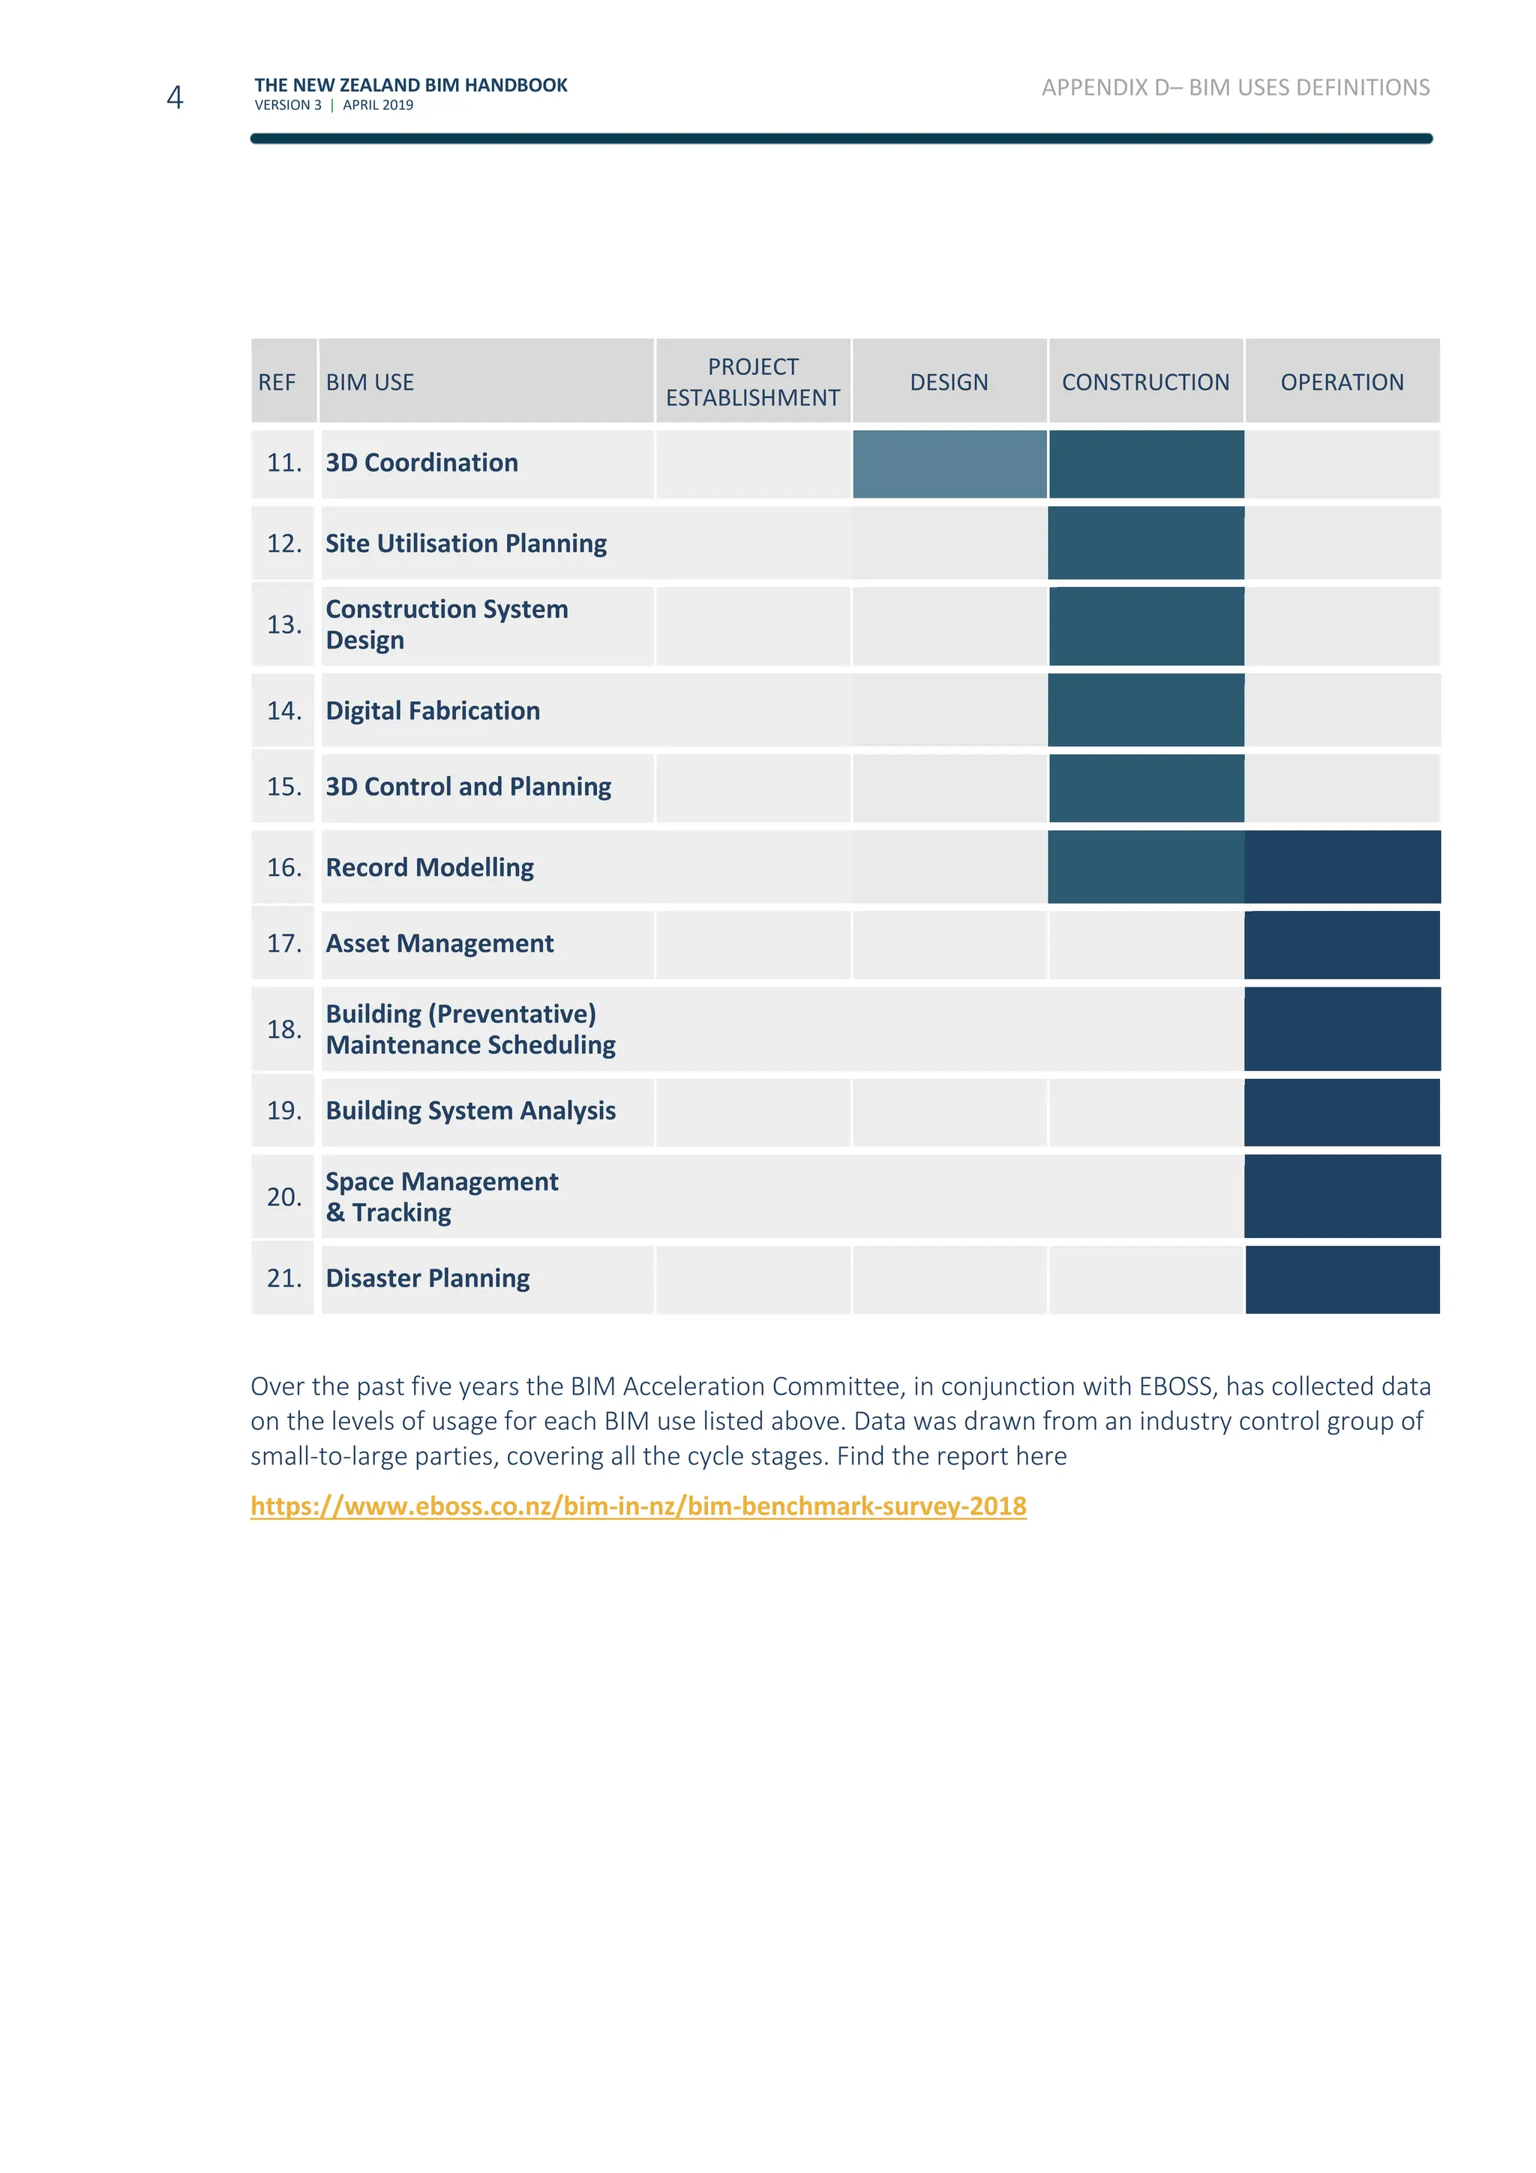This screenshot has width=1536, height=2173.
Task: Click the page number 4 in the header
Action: [174, 97]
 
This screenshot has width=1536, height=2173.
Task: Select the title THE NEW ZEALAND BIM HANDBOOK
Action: [411, 85]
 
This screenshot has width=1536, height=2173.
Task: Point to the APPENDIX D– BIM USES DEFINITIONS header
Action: [1235, 88]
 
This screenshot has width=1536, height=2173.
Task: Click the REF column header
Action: [277, 382]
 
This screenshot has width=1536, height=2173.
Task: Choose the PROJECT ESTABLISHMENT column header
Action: [752, 382]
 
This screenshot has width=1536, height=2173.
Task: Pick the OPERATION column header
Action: [1341, 382]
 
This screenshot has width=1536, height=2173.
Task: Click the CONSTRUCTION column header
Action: [1145, 382]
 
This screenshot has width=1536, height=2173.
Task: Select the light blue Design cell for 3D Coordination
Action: [949, 463]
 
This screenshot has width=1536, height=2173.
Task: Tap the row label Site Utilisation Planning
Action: [466, 543]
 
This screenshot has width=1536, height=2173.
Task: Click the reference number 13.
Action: [284, 625]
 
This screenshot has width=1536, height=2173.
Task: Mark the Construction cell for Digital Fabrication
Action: [1145, 711]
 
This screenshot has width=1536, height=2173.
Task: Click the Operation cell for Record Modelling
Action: [1342, 867]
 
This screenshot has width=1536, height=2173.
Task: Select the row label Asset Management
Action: [439, 943]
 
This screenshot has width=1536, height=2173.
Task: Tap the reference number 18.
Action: [284, 1029]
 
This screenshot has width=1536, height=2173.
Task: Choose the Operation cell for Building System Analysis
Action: [1342, 1112]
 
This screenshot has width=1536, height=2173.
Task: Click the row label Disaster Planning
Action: [427, 1278]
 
